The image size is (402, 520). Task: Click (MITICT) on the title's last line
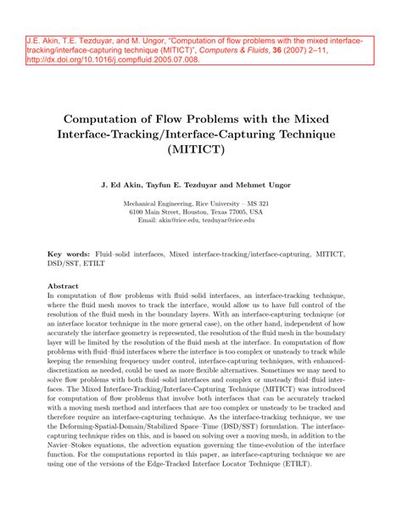click(x=201, y=151)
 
